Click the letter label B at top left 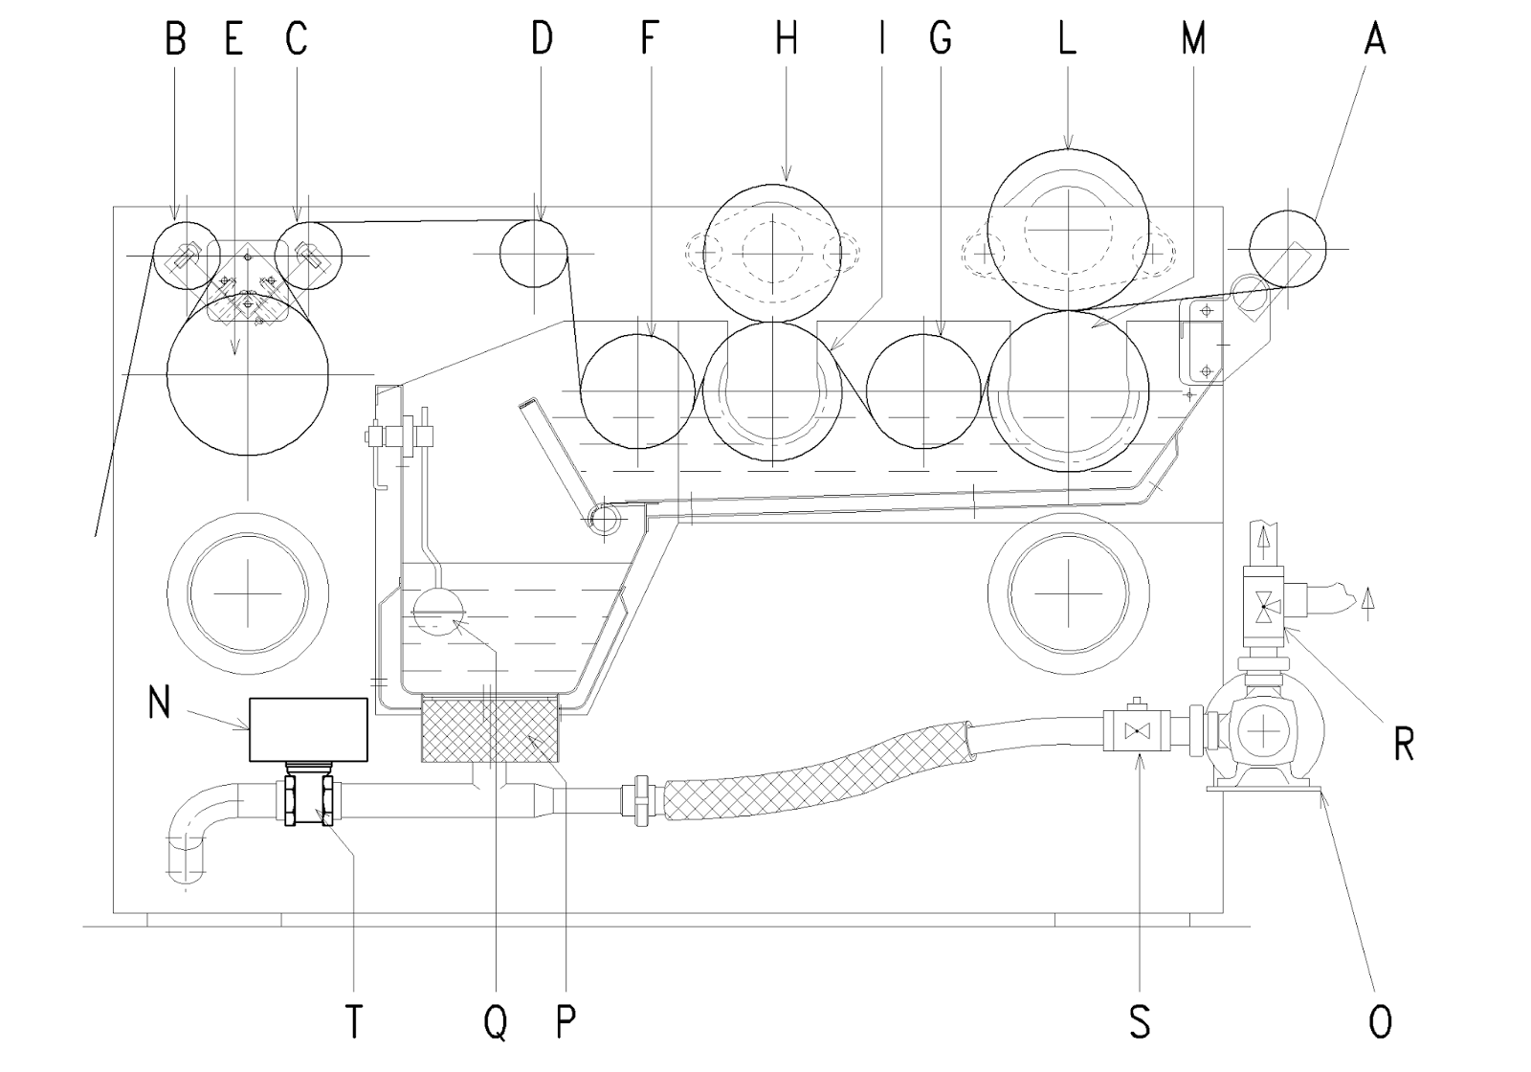(175, 39)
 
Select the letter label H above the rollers (787, 39)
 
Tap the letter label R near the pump (1404, 744)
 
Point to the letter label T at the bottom (355, 1022)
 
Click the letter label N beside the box (159, 703)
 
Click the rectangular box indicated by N (308, 729)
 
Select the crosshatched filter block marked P (489, 729)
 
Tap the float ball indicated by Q (435, 609)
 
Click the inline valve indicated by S (1138, 733)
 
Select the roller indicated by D (534, 254)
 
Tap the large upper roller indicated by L (1069, 230)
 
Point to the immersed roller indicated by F (637, 391)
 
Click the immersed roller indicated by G (923, 391)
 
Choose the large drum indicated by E (248, 373)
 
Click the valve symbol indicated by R (1265, 607)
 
